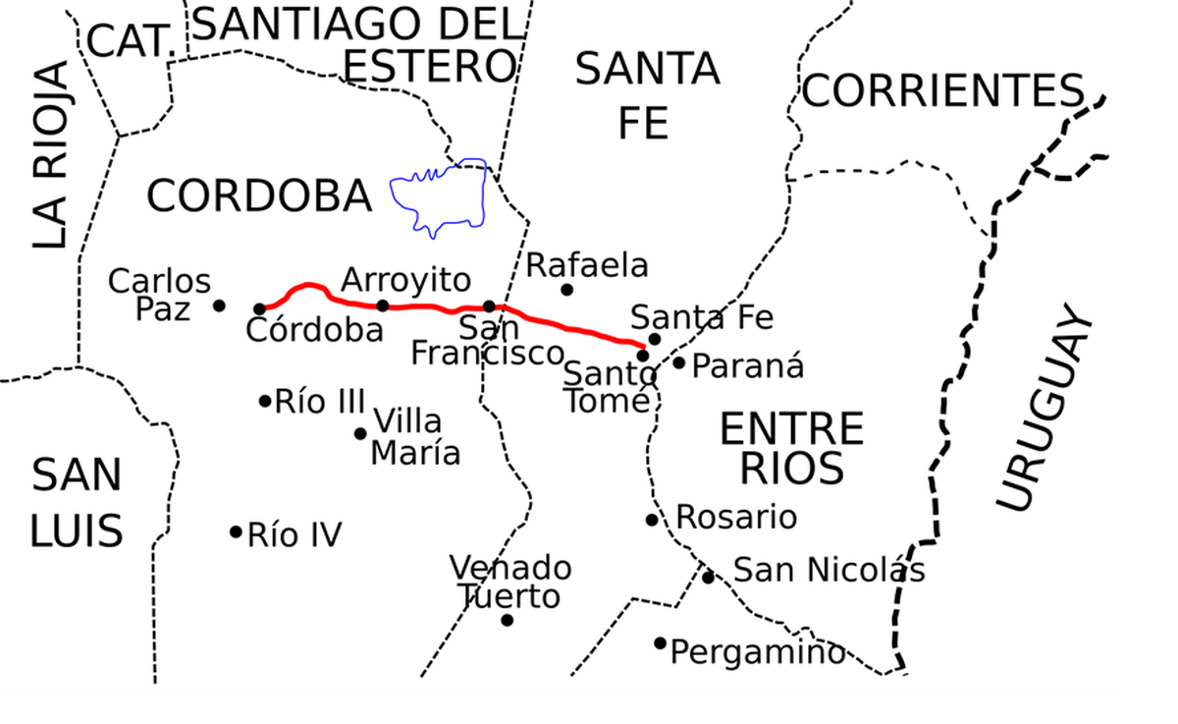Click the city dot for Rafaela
566,290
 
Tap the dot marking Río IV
236,531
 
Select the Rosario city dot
652,520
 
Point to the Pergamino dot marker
661,643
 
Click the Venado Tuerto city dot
507,620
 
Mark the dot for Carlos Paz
219,306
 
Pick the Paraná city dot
678,362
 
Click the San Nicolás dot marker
708,577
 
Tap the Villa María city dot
360,433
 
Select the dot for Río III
265,401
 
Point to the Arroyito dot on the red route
383,306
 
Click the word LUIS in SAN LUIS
77,530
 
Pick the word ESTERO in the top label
430,66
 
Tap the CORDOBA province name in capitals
259,196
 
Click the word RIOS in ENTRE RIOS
791,469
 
